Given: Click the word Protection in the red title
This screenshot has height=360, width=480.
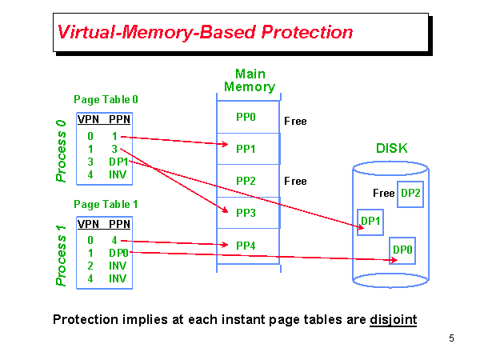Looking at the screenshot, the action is click(307, 32).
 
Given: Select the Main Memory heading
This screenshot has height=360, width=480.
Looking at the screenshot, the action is click(250, 81).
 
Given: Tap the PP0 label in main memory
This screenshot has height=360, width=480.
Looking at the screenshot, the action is click(246, 117).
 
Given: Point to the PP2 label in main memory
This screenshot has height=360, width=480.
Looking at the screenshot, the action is click(246, 181).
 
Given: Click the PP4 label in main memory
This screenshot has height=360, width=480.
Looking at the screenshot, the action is click(246, 246).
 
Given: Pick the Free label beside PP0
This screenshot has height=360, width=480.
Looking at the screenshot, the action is click(295, 122).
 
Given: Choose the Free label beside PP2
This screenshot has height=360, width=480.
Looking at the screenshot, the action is click(295, 182).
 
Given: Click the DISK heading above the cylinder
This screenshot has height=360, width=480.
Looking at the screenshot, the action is click(392, 149).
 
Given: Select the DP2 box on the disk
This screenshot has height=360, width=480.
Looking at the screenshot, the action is click(410, 194).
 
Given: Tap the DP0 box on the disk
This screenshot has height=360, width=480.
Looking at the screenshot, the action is click(402, 250).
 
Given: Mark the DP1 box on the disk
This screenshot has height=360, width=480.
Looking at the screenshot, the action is click(370, 222).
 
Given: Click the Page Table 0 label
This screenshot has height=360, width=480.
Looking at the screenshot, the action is click(106, 100).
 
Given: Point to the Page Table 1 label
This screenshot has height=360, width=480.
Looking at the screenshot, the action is click(106, 205).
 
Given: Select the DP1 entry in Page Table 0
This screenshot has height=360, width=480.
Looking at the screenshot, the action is click(118, 162).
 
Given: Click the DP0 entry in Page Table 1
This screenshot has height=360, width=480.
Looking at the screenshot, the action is click(118, 253).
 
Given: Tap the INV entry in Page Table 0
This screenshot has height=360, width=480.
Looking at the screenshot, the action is click(118, 174).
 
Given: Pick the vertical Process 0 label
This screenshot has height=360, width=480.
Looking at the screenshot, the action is click(61, 151).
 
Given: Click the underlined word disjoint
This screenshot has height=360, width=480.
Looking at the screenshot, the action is click(394, 320).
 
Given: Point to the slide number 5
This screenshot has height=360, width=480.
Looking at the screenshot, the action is click(451, 338).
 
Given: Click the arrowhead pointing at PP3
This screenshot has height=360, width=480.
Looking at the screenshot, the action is click(226, 210).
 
